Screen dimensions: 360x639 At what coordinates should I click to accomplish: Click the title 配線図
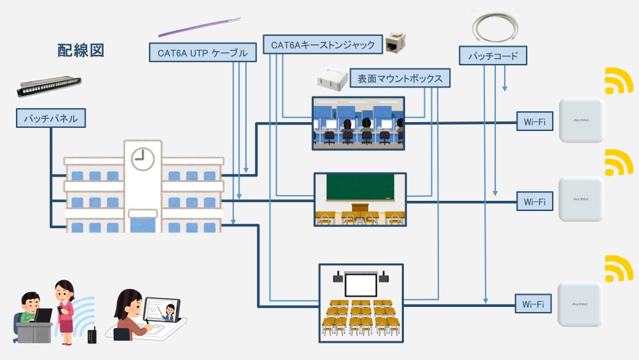[81, 51]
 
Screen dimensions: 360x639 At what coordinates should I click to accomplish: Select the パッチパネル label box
[50, 118]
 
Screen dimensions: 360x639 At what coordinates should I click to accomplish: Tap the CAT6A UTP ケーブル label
[203, 52]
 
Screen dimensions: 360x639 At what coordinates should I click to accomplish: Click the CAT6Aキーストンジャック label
[323, 45]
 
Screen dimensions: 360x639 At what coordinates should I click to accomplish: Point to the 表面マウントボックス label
[400, 79]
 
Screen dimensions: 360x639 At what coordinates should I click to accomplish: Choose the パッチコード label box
[493, 55]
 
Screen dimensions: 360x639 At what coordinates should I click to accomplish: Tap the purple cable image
[199, 27]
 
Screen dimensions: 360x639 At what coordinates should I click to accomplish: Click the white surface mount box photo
[331, 79]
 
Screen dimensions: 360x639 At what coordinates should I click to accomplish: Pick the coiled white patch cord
[498, 27]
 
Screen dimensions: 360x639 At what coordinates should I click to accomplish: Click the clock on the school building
[142, 157]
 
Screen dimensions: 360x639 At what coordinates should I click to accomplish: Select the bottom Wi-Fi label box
[534, 304]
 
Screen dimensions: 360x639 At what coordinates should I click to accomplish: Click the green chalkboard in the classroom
[360, 187]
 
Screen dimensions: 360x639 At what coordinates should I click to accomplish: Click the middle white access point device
[581, 199]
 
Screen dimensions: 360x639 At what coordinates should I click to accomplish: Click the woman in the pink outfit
[65, 311]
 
